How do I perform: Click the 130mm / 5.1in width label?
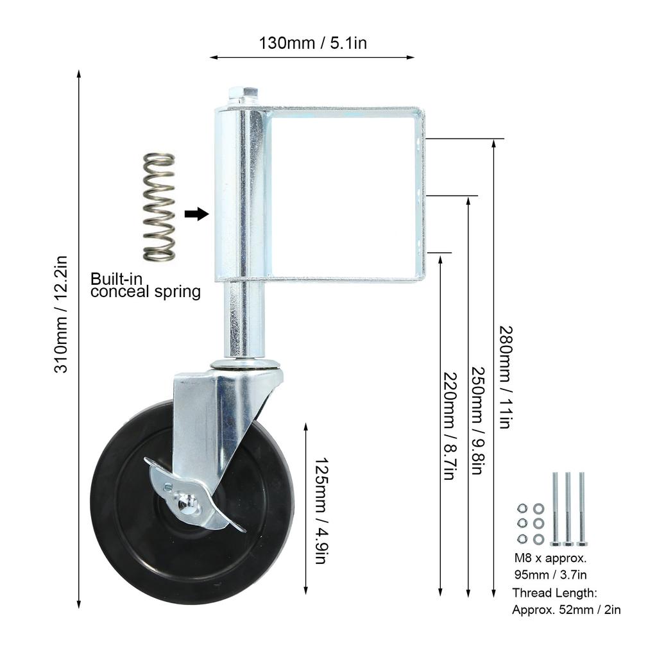(x=312, y=43)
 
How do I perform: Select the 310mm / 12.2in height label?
(x=61, y=314)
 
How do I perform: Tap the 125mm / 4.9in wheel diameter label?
(x=321, y=511)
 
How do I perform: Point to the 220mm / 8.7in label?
(x=448, y=426)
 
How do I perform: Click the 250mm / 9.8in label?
(x=477, y=420)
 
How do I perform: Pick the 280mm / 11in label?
(x=506, y=377)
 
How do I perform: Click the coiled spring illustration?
(x=159, y=207)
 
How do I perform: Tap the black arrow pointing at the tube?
(x=196, y=214)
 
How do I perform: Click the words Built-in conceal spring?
(x=146, y=285)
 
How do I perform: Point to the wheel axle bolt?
(x=185, y=501)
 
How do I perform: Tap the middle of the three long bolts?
(x=568, y=509)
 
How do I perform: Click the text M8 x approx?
(x=550, y=558)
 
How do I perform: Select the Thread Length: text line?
(x=554, y=593)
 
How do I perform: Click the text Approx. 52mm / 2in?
(x=566, y=610)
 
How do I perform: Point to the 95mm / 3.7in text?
(x=550, y=575)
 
